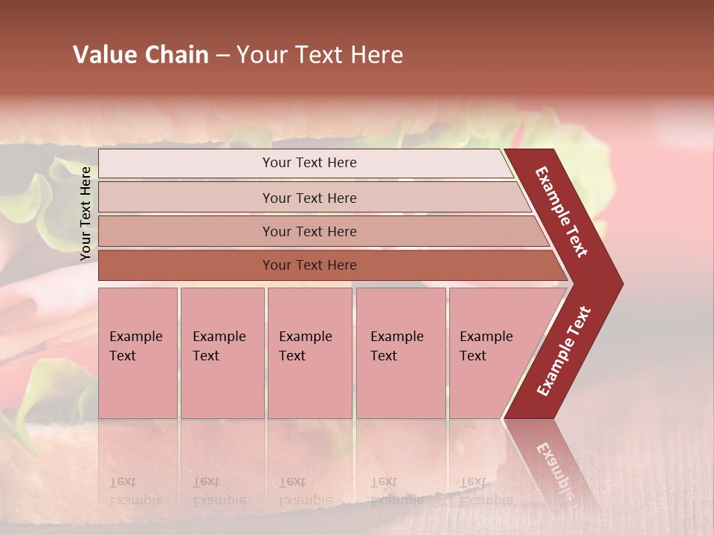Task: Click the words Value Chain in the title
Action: (x=141, y=55)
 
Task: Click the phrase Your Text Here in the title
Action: (x=320, y=55)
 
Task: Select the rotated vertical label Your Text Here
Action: (x=86, y=213)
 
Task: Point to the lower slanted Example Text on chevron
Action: (x=564, y=351)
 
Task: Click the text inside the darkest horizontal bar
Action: (x=309, y=265)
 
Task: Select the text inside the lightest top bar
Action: (x=309, y=163)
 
